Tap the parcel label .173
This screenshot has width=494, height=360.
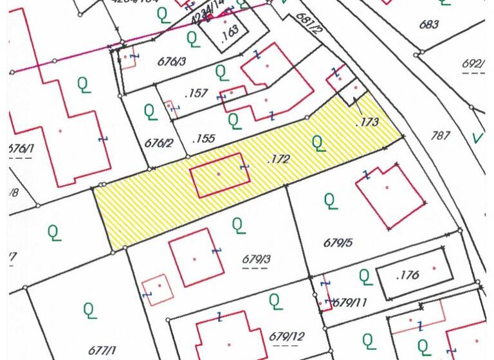(x=367, y=120)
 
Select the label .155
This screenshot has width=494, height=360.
(x=203, y=138)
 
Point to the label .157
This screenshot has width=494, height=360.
(x=196, y=94)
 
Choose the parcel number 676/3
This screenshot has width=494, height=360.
(x=172, y=61)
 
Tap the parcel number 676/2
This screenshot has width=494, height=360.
(x=159, y=142)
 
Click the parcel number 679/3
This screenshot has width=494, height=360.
(x=257, y=259)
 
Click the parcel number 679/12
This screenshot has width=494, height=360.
(x=287, y=336)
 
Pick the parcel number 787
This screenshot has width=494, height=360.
(x=441, y=135)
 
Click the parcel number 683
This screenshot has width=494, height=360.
(x=428, y=25)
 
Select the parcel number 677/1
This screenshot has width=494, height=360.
(x=102, y=350)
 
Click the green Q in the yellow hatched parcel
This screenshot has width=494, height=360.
(x=318, y=142)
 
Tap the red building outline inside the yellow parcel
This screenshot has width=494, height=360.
(x=219, y=174)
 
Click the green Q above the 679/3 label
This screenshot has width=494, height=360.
(x=238, y=225)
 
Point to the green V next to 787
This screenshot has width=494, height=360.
(x=477, y=137)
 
